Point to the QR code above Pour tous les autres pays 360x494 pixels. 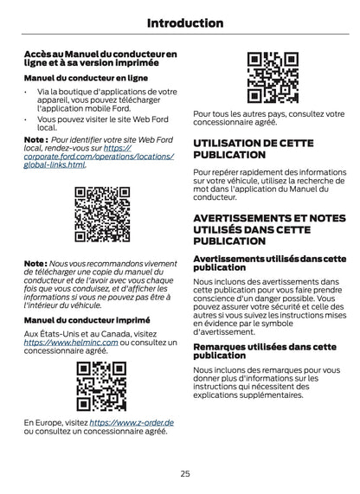click(273, 78)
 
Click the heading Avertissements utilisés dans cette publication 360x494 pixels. click(269, 264)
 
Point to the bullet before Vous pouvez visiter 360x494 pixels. click(27, 119)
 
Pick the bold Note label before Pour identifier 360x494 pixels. click(35, 138)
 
